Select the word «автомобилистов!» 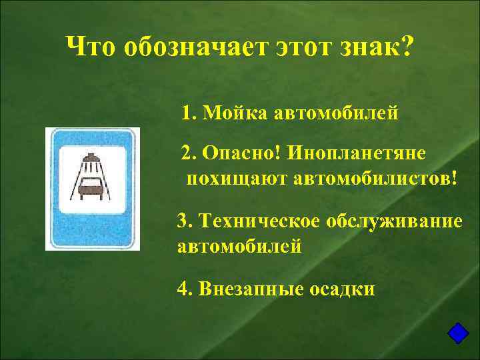coord(377,179)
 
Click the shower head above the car coord(91,160)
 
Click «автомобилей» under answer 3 coord(239,247)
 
